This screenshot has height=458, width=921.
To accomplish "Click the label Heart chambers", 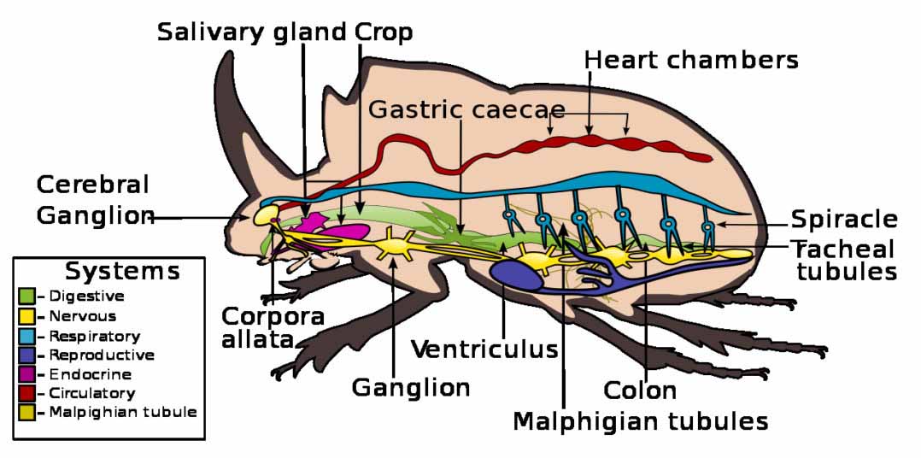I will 691,61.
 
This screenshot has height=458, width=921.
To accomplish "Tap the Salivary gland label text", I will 252,32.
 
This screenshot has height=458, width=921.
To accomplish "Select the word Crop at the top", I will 384,32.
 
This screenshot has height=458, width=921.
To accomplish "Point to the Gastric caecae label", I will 466,110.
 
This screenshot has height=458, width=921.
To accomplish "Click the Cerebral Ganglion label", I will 94,200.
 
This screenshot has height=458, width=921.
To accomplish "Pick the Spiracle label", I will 844,220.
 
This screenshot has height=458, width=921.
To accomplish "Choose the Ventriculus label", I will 484,349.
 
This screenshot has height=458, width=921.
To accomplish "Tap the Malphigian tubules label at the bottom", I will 640,420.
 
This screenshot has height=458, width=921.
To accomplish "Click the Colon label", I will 640,390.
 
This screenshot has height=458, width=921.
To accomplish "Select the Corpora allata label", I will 273,328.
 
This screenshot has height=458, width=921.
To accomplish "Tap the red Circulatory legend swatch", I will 27,394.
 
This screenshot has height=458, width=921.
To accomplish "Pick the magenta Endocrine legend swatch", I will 27,374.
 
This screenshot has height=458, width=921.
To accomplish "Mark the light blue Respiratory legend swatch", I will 27,336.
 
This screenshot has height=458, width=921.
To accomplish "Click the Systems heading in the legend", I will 122,272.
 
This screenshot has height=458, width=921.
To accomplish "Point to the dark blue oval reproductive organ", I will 516,275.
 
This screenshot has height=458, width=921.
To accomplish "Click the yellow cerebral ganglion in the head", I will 265,214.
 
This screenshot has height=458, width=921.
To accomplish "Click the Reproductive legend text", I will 102,355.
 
